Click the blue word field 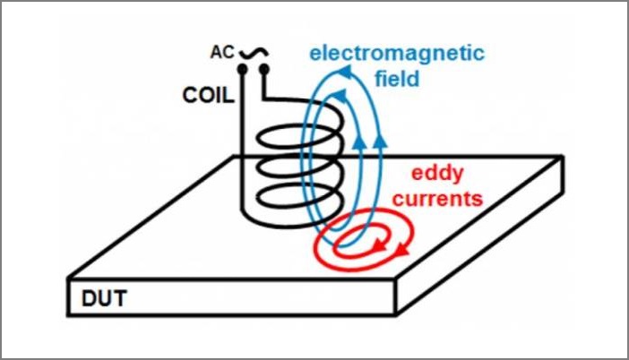pos(397,79)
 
